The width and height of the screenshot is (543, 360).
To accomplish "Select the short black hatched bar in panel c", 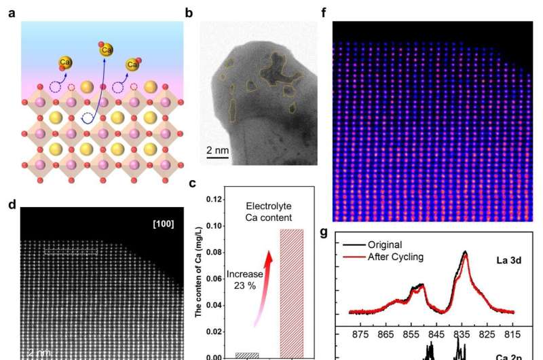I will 246,355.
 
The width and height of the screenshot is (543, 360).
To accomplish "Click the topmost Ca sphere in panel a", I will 106,48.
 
